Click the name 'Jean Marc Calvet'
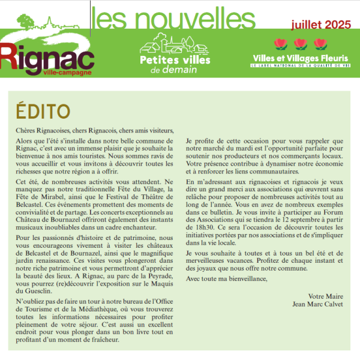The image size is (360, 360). pos(318,304)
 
